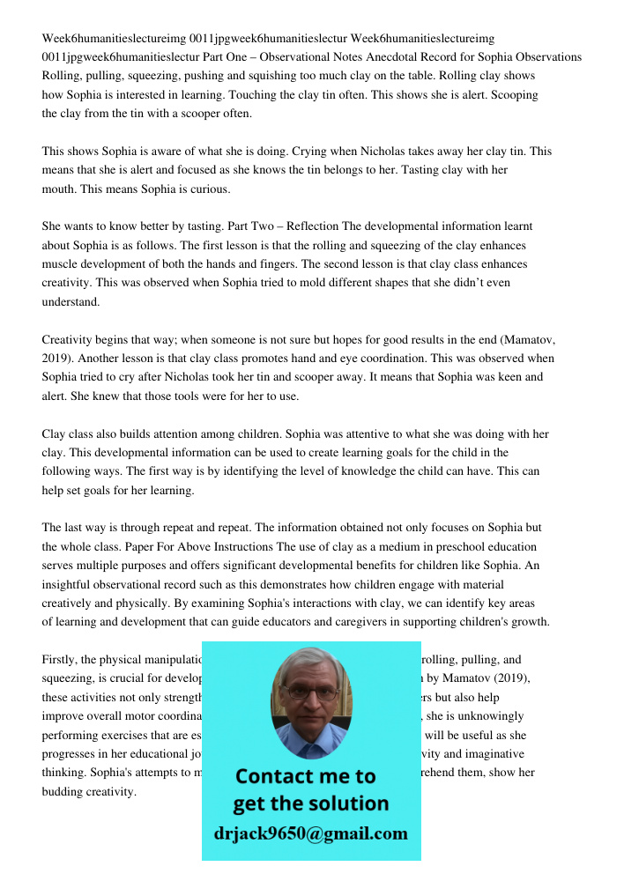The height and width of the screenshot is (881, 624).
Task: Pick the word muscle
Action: [61, 264]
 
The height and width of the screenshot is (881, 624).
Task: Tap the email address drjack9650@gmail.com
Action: [310, 833]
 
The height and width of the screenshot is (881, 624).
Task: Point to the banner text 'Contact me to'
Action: [305, 776]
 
